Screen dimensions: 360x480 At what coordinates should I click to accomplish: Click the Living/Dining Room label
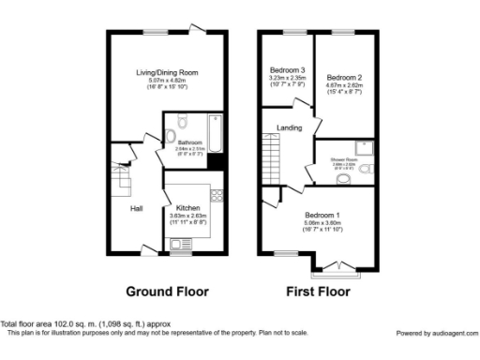[167, 72]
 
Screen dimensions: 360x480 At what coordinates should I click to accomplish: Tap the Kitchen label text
[186, 209]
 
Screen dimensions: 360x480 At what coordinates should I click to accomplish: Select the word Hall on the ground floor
[136, 208]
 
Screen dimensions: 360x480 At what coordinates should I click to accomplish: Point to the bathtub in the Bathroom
[215, 134]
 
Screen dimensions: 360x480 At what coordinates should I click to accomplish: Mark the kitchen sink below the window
[180, 244]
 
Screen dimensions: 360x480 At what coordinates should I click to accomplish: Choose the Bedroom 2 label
[343, 77]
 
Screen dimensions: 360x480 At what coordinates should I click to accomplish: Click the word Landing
[288, 127]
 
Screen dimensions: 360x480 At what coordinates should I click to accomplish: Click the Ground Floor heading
[168, 291]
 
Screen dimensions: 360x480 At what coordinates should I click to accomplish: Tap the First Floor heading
[318, 291]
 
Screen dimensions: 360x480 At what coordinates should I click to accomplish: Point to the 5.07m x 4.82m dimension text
[167, 81]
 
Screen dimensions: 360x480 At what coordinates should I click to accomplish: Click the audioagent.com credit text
[436, 333]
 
